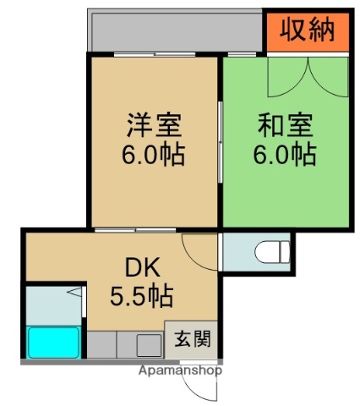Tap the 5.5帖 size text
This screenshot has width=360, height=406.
141,296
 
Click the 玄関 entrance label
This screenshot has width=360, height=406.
190,341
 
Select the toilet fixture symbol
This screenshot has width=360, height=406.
272,251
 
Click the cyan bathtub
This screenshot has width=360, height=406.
53,342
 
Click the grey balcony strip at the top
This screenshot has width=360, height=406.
173,32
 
